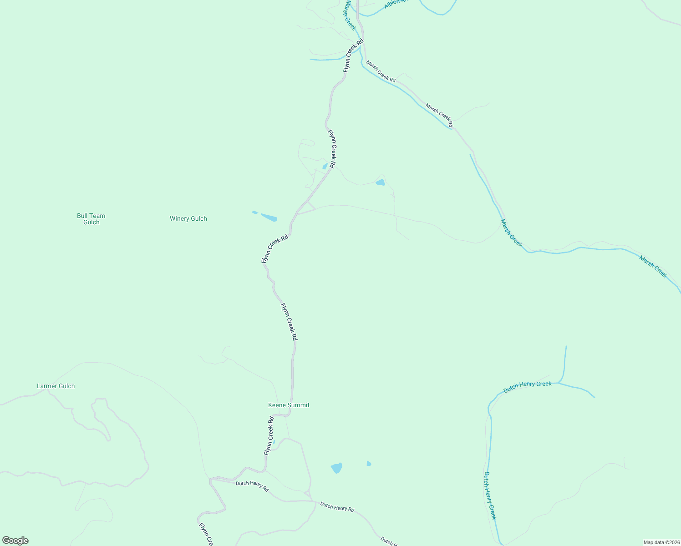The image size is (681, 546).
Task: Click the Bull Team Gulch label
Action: click(91, 219)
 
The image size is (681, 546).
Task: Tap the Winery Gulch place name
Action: click(188, 219)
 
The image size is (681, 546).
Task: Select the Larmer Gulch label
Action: click(56, 386)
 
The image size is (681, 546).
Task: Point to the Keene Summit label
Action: click(289, 405)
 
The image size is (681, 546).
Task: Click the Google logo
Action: click(15, 541)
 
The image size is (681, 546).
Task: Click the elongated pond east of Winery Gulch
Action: click(269, 217)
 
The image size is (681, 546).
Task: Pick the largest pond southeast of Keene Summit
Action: click(336, 468)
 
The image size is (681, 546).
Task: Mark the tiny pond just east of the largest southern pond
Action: click(369, 464)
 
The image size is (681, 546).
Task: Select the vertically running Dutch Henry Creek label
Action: click(490, 495)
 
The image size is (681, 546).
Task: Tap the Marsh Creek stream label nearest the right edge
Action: click(653, 267)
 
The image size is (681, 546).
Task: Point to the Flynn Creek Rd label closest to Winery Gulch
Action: click(275, 248)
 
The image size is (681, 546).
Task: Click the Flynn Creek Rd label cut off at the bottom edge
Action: click(206, 535)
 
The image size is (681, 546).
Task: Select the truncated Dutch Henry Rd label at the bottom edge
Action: click(390, 541)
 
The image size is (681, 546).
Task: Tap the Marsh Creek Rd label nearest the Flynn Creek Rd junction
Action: click(381, 72)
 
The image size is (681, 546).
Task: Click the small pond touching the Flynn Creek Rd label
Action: click(325, 167)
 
